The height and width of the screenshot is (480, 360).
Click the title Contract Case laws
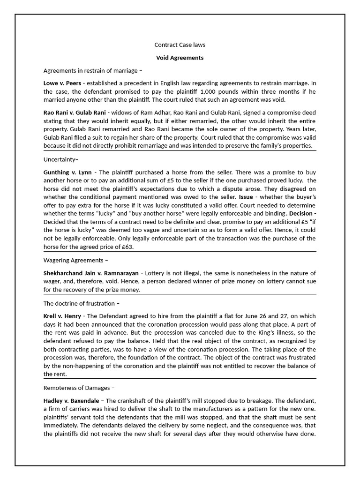coord(180,45)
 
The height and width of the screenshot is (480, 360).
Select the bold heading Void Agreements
coord(180,58)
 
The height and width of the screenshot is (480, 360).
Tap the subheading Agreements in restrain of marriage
coord(92,71)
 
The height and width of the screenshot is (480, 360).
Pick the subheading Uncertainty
coord(61,159)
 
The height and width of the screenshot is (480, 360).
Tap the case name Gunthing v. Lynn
coord(67,172)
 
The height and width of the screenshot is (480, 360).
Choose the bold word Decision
coord(300,213)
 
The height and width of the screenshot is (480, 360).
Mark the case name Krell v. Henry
coord(62,316)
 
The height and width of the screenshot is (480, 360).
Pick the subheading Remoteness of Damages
coord(79,388)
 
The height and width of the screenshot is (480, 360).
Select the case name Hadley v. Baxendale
coord(72,400)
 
